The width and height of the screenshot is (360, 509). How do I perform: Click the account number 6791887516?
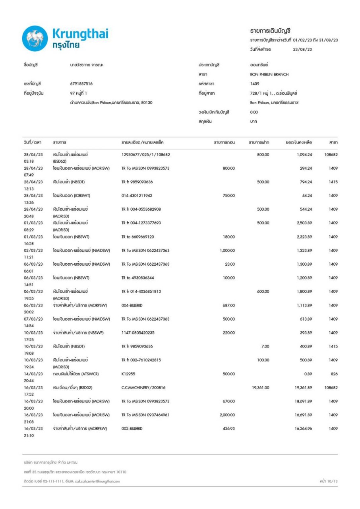81,84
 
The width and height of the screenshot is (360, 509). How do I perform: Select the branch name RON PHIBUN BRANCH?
266,74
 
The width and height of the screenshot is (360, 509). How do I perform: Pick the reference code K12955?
129,373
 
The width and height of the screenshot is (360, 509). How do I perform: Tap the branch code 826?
334,373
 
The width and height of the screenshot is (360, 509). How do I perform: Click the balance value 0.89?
307,373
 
